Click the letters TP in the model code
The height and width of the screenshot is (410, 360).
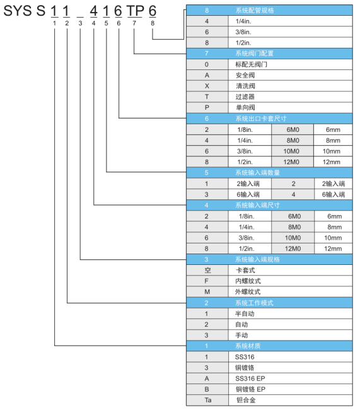tap(136, 11)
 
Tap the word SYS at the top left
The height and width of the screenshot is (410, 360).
tap(18, 11)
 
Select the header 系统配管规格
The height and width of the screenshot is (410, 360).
tap(255, 11)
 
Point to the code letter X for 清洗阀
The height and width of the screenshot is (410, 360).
tap(207, 86)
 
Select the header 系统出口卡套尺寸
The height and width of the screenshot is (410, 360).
tap(261, 119)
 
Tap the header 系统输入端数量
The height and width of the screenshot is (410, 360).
tap(257, 173)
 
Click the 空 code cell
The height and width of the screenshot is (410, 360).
tap(207, 270)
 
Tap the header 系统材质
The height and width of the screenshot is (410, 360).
tap(248, 346)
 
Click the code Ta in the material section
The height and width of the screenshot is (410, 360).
tap(208, 400)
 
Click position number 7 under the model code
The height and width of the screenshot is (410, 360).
tap(134, 23)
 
